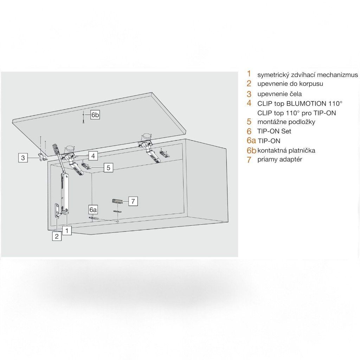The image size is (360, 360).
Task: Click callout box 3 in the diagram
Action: tap(23, 158)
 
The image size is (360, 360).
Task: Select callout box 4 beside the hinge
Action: tap(93, 156)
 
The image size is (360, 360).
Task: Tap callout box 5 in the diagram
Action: tap(108, 168)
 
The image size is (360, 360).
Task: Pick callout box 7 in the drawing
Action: tap(133, 201)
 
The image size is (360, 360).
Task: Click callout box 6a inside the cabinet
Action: tap(93, 210)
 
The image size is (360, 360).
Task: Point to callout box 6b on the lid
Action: tap(95, 115)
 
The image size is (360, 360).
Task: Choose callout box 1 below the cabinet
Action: tap(67, 230)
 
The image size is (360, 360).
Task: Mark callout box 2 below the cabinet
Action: tap(57, 236)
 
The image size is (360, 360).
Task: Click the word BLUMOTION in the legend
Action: tap(306, 104)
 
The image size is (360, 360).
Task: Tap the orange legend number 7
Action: tap(249, 160)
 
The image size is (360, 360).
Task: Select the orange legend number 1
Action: tap(249, 74)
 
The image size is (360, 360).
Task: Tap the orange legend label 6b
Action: tap(251, 150)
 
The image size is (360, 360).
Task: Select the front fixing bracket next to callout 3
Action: tap(42, 157)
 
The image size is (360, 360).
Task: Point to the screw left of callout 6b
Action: tap(84, 118)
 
